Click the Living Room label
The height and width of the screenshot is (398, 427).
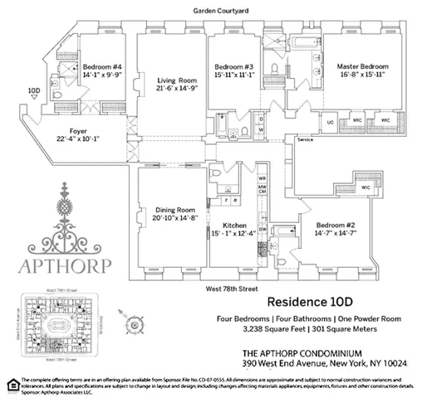click(170, 80)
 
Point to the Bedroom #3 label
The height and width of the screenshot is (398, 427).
click(233, 66)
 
